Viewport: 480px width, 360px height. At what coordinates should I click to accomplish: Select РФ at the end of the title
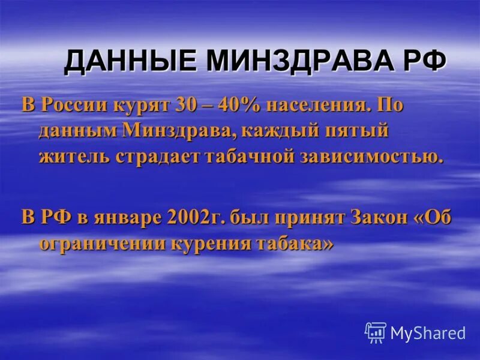(x=425, y=62)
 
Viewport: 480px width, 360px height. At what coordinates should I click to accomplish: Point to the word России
(x=74, y=106)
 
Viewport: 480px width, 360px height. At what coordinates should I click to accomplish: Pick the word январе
(x=119, y=218)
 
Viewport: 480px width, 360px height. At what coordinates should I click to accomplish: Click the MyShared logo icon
(x=375, y=332)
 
